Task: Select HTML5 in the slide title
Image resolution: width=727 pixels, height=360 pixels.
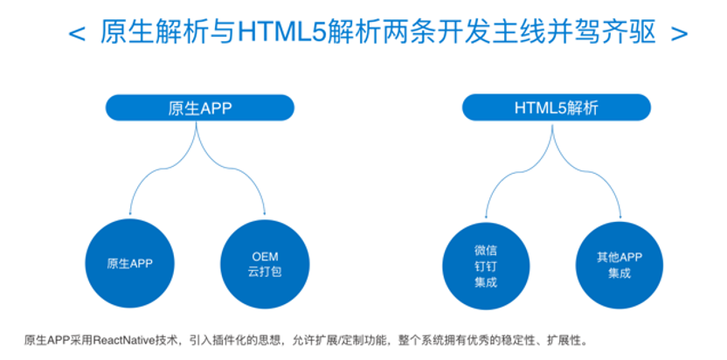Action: (282, 33)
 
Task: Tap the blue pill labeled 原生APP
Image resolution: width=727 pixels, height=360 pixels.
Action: (200, 108)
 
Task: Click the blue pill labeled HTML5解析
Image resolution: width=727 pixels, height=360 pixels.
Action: (557, 108)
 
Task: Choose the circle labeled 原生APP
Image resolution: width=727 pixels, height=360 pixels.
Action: (130, 264)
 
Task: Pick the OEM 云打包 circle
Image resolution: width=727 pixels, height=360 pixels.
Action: (265, 264)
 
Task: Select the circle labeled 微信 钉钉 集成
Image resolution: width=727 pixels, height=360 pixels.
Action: (486, 267)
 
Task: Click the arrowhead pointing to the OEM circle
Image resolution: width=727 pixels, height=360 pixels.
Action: (265, 212)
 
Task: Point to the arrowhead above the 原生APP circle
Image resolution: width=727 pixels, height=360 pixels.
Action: (130, 212)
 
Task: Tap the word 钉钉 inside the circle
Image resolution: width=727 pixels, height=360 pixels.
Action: (486, 267)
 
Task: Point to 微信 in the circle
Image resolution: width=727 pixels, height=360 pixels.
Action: (486, 251)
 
